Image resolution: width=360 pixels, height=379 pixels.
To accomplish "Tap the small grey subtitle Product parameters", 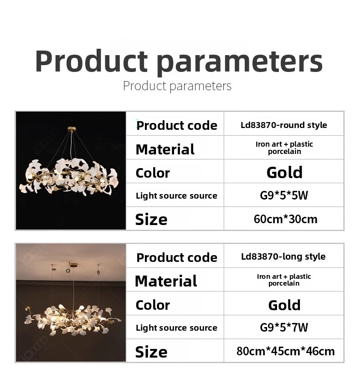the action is coord(177,86).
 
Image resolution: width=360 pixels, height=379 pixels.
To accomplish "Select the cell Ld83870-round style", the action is coord(284,125).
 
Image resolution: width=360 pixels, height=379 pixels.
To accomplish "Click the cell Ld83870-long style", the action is coord(283,256).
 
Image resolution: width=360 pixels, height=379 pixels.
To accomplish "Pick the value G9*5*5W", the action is coord(284,195).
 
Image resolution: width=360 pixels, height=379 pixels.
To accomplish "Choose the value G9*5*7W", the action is coord(284,328).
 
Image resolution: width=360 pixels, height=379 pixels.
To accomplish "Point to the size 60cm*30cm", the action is coord(285,219).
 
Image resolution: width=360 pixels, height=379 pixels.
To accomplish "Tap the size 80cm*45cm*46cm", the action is coord(286,351).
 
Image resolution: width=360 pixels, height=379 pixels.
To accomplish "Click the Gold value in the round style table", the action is coord(284,173).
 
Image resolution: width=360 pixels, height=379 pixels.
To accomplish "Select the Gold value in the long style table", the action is coord(284,305).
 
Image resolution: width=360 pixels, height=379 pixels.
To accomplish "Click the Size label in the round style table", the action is coord(151,220).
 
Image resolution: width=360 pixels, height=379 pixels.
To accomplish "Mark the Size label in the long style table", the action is coord(151,352).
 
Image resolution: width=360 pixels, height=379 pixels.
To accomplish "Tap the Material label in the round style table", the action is coord(165,149).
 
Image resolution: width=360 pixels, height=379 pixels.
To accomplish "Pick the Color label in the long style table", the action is coord(153,305).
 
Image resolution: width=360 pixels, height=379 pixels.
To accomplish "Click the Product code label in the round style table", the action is coord(177,125).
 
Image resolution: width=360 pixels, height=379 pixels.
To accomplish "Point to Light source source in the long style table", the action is coord(176,328).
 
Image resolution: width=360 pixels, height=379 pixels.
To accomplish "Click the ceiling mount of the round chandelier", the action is coord(72,128).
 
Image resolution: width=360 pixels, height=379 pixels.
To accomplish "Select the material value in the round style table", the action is coord(284,148).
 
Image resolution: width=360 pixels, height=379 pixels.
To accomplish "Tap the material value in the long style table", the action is coord(284,280).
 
